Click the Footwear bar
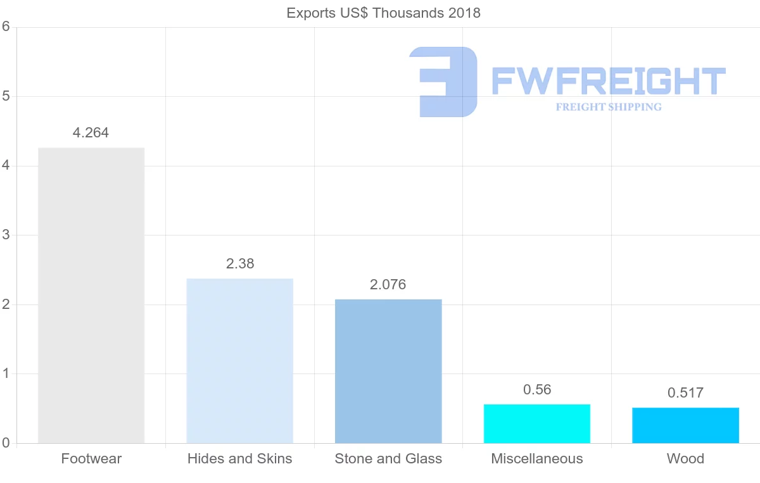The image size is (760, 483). pyautogui.click(x=91, y=295)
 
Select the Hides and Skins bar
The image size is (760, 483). pyautogui.click(x=239, y=360)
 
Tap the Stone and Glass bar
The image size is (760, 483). pyautogui.click(x=388, y=371)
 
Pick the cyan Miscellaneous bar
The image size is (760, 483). pyautogui.click(x=537, y=423)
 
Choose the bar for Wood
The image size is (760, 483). pyautogui.click(x=685, y=425)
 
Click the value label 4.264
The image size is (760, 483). pyautogui.click(x=91, y=133)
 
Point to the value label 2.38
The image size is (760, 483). pyautogui.click(x=240, y=264)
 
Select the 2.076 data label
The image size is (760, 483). pyautogui.click(x=388, y=285)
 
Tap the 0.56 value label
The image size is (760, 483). pyautogui.click(x=537, y=390)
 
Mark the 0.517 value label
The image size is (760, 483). pyautogui.click(x=685, y=393)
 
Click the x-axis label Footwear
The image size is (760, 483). pyautogui.click(x=91, y=459)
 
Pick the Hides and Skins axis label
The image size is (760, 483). pyautogui.click(x=239, y=459)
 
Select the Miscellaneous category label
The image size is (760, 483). pyautogui.click(x=537, y=459)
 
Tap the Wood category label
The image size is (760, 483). pyautogui.click(x=685, y=459)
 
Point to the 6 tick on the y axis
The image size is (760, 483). pyautogui.click(x=6, y=27)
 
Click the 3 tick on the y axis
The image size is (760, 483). pyautogui.click(x=6, y=235)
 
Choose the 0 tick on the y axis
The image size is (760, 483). pyautogui.click(x=6, y=443)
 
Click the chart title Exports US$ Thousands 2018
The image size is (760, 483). pyautogui.click(x=384, y=13)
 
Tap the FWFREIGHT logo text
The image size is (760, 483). pyautogui.click(x=608, y=81)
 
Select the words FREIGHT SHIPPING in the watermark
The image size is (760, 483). pyautogui.click(x=609, y=107)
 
